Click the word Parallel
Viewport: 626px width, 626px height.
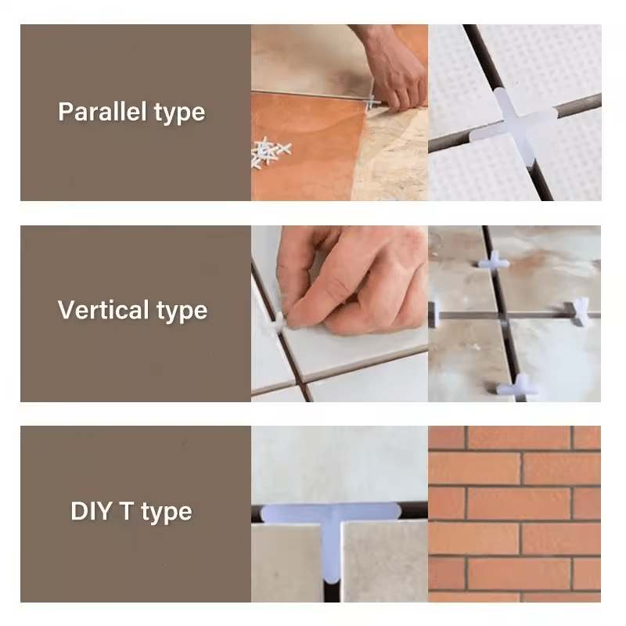[103, 111]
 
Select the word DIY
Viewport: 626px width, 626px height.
[91, 511]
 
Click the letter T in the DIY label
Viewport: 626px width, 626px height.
[127, 511]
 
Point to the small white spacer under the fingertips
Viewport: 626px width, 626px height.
[279, 322]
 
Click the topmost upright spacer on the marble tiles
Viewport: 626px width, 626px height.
[495, 260]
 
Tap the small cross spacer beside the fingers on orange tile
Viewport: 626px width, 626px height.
[372, 103]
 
